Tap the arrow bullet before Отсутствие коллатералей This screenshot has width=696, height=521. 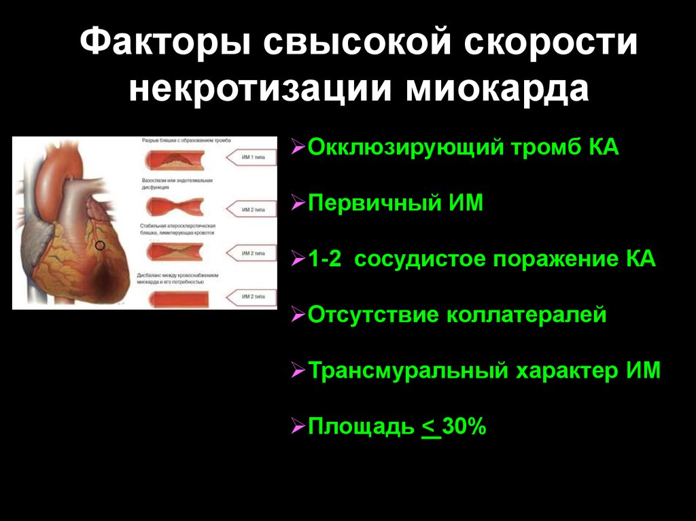click(298, 316)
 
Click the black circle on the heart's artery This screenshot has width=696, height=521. click(100, 245)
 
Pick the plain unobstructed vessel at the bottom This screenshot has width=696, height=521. click(178, 298)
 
